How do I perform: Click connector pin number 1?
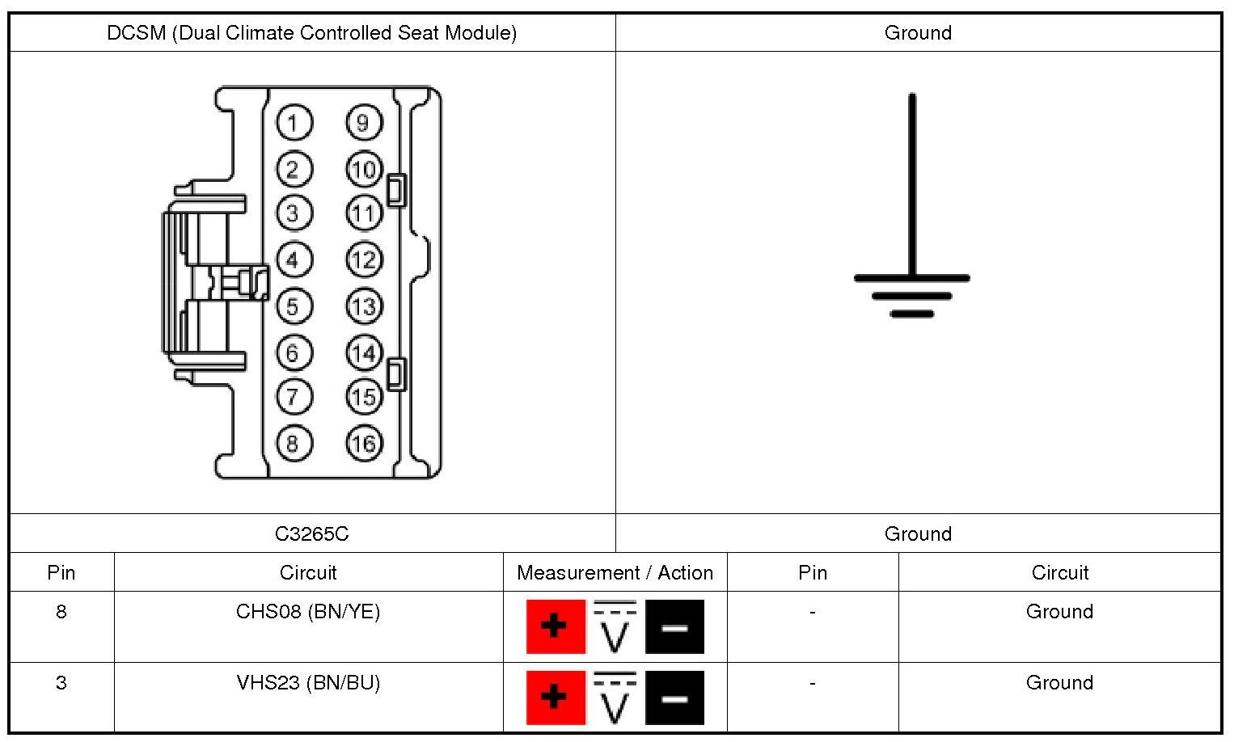pyautogui.click(x=294, y=124)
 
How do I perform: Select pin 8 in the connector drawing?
pyautogui.click(x=294, y=443)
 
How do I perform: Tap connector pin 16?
pyautogui.click(x=364, y=443)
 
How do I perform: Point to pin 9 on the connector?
pyautogui.click(x=364, y=123)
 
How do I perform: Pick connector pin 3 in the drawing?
pyautogui.click(x=294, y=213)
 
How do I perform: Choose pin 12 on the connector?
pyautogui.click(x=364, y=260)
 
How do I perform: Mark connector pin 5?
pyautogui.click(x=294, y=306)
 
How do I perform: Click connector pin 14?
pyautogui.click(x=364, y=353)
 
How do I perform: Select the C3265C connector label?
pyautogui.click(x=312, y=533)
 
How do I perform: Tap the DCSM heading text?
pyautogui.click(x=312, y=33)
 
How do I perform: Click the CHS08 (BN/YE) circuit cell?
pyautogui.click(x=308, y=612)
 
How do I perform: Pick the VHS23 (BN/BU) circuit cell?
pyautogui.click(x=308, y=683)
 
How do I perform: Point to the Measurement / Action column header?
pyautogui.click(x=615, y=573)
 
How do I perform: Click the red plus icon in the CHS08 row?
pyautogui.click(x=556, y=626)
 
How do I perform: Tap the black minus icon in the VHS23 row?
pyautogui.click(x=674, y=698)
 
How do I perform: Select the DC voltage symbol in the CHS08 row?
pyautogui.click(x=615, y=626)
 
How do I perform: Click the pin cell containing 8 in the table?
pyautogui.click(x=61, y=612)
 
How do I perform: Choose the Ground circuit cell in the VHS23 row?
pyautogui.click(x=1059, y=683)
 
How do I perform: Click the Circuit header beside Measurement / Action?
pyautogui.click(x=308, y=573)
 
